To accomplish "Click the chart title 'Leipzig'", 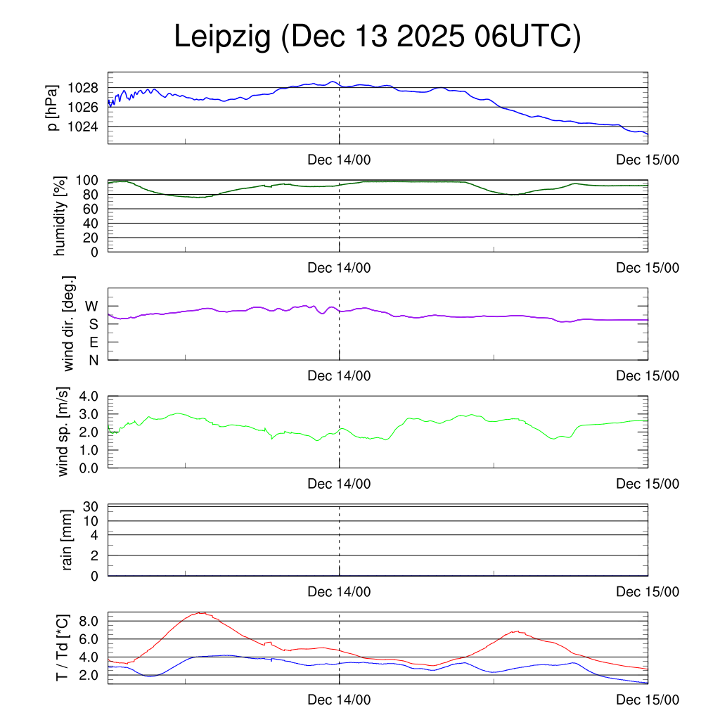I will click(x=222, y=38).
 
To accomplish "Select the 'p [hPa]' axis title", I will click(x=53, y=108).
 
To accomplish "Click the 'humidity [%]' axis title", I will click(x=60, y=215).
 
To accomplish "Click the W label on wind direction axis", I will click(x=92, y=307).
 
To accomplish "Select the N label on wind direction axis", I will click(x=93, y=360).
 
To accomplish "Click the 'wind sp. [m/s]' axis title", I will click(x=64, y=431).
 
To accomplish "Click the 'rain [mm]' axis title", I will click(x=67, y=541).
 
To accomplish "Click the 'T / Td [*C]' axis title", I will click(x=63, y=648).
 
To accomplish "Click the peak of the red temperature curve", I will click(x=202, y=612).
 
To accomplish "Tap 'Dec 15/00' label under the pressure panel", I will click(x=648, y=160).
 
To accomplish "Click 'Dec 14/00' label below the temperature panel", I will click(x=339, y=700).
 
